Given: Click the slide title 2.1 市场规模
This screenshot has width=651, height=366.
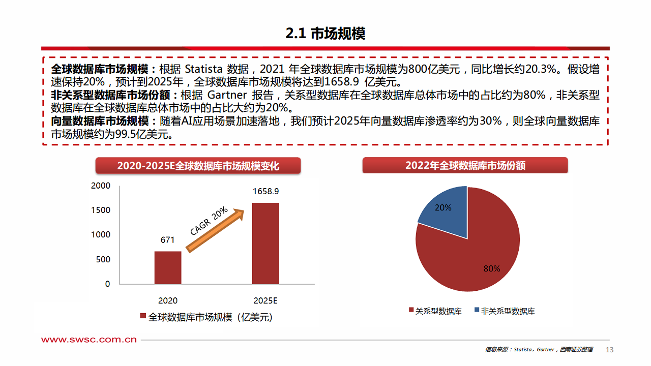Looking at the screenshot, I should point(325,34).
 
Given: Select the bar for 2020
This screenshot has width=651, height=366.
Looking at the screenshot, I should point(168,267).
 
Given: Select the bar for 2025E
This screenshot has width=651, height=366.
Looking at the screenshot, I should point(265,243).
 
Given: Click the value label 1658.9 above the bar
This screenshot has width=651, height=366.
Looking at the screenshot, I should point(265,192).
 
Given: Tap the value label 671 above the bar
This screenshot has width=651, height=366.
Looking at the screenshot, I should point(168,240).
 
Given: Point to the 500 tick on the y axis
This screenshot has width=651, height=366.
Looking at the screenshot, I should point(103,260).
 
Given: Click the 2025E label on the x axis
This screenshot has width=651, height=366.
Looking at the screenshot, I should point(265,300).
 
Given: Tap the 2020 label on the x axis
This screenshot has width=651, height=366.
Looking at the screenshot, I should point(168,300).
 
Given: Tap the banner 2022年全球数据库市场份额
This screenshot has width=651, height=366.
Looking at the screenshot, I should point(465,166).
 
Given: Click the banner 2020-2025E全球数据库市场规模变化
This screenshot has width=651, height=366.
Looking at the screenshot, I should point(198,166).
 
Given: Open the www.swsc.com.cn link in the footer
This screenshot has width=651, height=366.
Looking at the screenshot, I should point(89,340).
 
